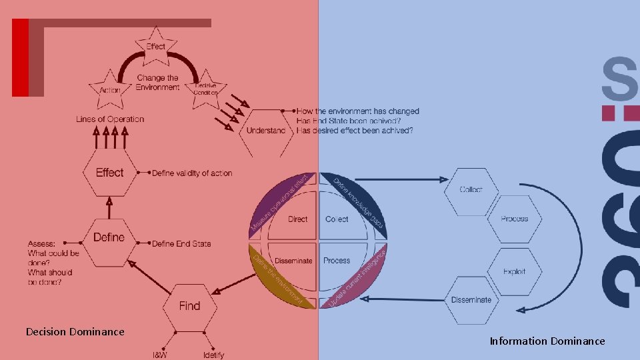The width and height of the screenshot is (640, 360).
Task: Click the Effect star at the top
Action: (155, 45)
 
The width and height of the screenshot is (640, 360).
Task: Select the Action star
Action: (109, 89)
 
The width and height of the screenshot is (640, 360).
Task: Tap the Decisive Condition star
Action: (205, 88)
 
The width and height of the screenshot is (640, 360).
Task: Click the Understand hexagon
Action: (265, 131)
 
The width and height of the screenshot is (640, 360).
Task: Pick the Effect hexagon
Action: (109, 173)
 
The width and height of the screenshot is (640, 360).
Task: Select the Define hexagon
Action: (109, 237)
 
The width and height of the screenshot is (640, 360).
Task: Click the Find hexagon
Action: (189, 306)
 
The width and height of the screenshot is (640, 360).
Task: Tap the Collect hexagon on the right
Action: (471, 189)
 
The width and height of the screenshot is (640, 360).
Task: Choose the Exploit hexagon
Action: (514, 271)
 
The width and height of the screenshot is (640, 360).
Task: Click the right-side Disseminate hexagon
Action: (471, 300)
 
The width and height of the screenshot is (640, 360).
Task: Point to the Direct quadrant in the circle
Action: (297, 219)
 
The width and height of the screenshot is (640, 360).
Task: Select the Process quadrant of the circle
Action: (337, 261)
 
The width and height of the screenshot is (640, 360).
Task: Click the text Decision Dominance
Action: (75, 331)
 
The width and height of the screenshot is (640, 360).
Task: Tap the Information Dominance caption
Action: (547, 341)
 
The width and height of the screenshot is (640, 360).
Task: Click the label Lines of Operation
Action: (110, 119)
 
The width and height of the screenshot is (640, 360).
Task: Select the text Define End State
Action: (181, 244)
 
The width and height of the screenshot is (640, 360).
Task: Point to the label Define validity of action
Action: (192, 173)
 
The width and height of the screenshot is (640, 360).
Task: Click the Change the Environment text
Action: (158, 83)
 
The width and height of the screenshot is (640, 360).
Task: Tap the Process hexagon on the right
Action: (514, 219)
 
